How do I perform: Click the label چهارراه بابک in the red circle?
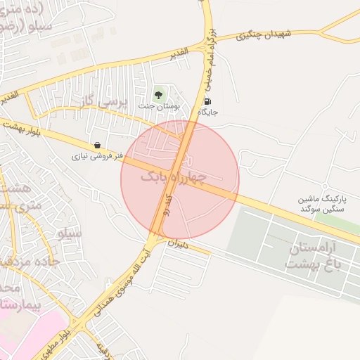172,177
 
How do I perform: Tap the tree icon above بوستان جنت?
159,94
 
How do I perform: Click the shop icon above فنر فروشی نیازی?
96,145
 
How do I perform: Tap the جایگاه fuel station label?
208,112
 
